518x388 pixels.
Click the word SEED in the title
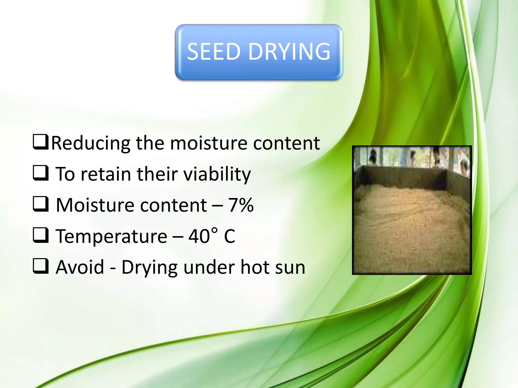pyautogui.click(x=213, y=52)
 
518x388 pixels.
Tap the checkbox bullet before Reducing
pyautogui.click(x=40, y=142)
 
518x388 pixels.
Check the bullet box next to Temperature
pyautogui.click(x=40, y=235)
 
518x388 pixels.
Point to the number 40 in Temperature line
pyautogui.click(x=199, y=236)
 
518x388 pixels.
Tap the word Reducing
pyautogui.click(x=91, y=143)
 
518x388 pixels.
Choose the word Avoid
pyautogui.click(x=80, y=267)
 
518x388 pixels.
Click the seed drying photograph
pyautogui.click(x=412, y=210)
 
